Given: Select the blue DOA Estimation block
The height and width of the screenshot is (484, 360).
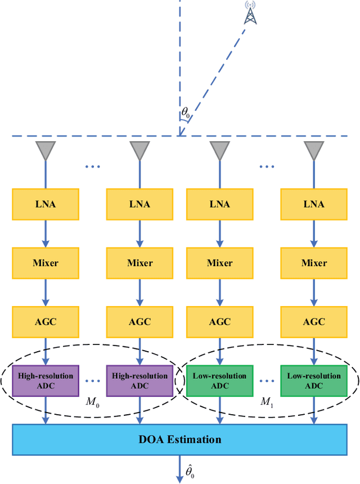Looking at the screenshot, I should (179, 440).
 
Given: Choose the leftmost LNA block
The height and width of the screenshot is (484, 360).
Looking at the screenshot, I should (46, 204).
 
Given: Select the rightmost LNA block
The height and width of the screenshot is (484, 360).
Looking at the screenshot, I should (313, 204).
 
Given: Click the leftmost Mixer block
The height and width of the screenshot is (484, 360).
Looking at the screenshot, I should (46, 263).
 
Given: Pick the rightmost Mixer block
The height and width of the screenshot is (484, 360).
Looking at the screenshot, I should (313, 263).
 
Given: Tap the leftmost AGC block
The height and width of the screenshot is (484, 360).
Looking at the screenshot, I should (46, 321).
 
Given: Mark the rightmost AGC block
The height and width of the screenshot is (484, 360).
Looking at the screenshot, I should (313, 321).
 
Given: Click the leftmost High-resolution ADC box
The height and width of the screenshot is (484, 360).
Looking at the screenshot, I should (46, 380).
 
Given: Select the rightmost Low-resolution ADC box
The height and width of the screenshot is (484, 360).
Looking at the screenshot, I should (313, 380).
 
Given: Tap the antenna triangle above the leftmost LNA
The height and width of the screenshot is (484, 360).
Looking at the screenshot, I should (46, 150).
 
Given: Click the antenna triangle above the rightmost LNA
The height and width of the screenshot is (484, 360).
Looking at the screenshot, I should (313, 150).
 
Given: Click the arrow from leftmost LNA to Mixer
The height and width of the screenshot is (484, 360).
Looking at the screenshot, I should (46, 234).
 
